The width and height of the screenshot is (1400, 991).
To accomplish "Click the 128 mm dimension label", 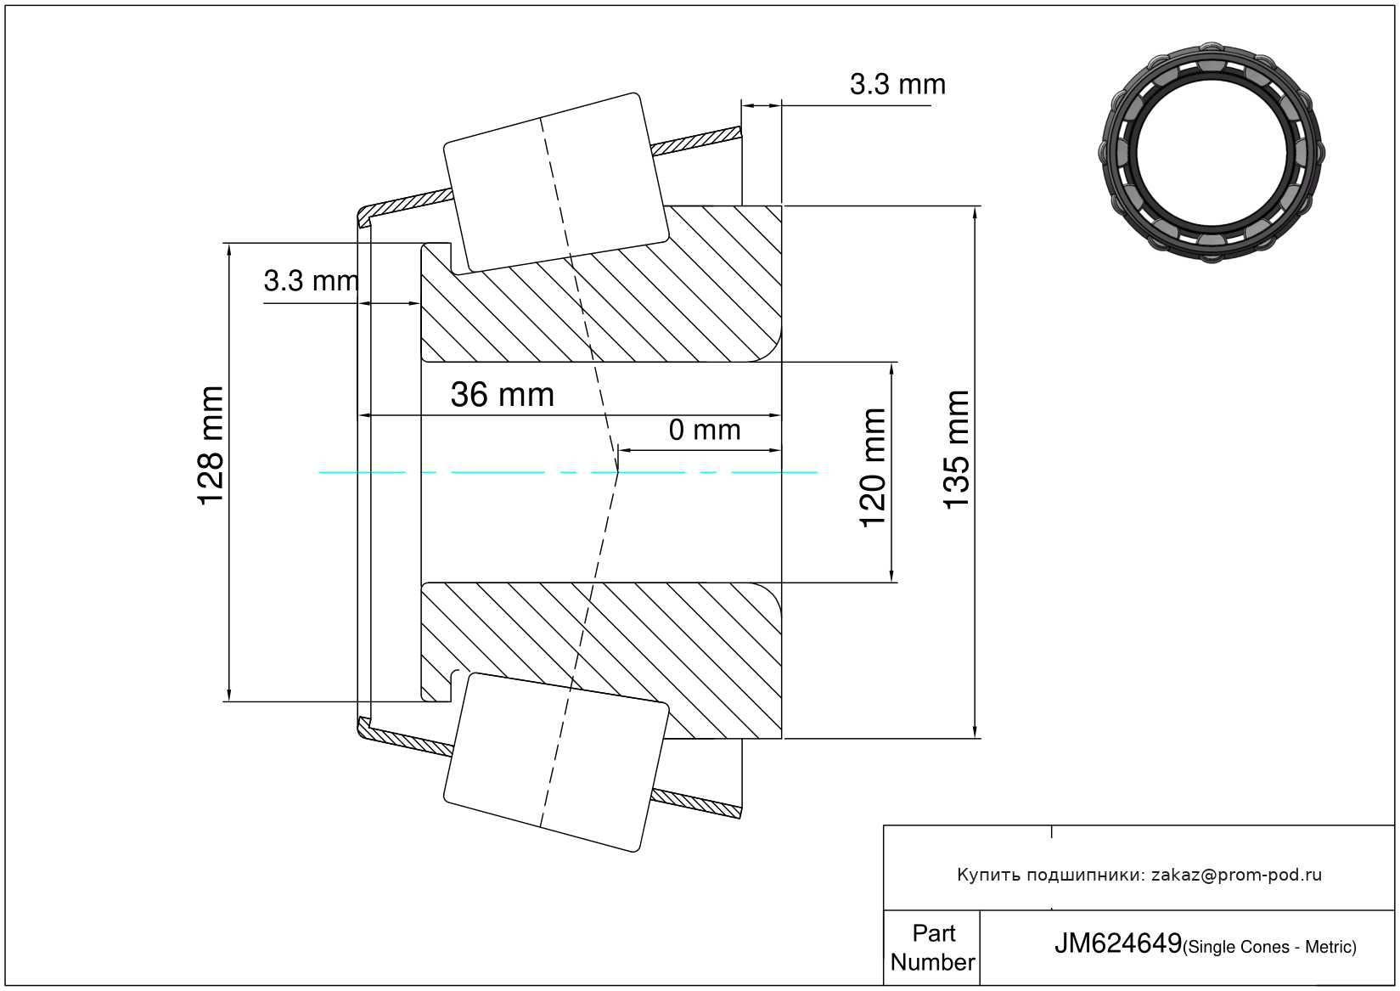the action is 211,445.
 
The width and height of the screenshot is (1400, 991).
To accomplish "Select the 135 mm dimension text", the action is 956,449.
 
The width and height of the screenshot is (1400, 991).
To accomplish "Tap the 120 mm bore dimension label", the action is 873,468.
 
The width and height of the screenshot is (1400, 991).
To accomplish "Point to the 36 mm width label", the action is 503,395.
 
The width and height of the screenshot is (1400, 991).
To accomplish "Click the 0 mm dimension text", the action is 705,431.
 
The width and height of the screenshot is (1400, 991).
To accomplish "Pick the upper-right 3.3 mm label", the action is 897,84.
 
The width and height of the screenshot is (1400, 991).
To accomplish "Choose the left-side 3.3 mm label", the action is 311,281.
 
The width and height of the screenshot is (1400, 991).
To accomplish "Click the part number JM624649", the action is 1118,943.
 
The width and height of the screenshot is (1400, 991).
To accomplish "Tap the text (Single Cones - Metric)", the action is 1269,947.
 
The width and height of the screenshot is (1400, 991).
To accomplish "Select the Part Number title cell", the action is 932,947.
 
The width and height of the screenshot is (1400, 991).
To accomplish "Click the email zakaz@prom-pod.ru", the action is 1236,875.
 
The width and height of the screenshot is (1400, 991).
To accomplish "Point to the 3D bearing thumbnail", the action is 1212,153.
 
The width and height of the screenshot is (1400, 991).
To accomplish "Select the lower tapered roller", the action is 556,763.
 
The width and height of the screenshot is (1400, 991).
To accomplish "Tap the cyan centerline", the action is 568,472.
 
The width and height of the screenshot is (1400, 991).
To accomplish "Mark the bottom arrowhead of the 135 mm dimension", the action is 975,732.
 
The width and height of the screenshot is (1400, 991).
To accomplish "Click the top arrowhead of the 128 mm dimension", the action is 229,250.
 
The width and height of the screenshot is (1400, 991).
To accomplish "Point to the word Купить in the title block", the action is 987,875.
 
